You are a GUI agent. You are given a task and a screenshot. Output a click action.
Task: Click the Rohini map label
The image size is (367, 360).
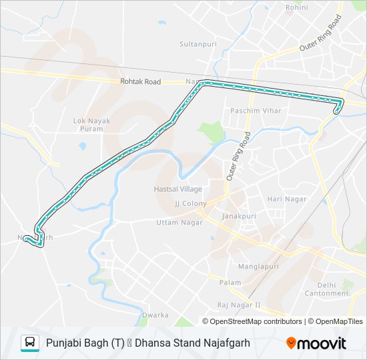[296, 7]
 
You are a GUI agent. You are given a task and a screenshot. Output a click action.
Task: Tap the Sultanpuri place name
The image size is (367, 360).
[196, 44]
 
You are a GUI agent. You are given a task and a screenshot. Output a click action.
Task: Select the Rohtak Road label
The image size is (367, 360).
[141, 81]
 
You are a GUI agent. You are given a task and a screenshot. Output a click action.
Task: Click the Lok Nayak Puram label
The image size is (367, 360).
[91, 125]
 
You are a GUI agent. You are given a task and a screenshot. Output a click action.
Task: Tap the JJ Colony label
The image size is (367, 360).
[191, 203]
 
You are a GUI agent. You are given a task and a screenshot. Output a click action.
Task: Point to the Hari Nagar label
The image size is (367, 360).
[286, 199]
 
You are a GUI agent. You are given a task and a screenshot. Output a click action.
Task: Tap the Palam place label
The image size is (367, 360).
[230, 283]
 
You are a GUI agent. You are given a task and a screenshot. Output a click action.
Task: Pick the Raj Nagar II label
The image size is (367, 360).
[238, 305]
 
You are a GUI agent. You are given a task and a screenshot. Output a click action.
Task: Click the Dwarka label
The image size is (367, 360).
[155, 314]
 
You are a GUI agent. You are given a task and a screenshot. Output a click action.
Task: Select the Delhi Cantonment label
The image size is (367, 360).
[326, 289]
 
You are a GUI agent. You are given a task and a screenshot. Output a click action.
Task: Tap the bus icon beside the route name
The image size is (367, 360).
[30, 343]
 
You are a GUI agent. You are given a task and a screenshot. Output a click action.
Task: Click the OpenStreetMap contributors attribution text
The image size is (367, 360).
[256, 321]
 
